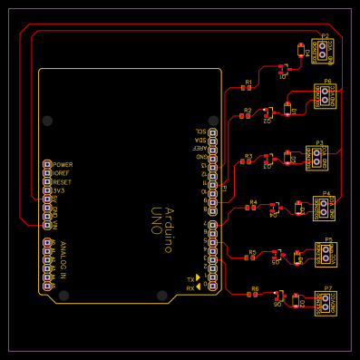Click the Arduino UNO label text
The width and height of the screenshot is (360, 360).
pos(161,220)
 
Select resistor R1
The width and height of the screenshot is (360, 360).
pos(248,88)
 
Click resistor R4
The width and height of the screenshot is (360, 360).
pos(252,209)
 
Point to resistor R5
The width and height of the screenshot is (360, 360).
pos(252,258)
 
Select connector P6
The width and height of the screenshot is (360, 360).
pos(326,96)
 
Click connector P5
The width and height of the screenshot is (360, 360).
pos(326,255)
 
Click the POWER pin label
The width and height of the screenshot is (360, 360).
pos(63,165)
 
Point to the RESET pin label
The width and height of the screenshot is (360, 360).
pos(62,182)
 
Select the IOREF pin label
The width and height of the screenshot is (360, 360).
pos(62,173)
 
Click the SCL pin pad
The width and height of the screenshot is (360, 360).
pos(213,132)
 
